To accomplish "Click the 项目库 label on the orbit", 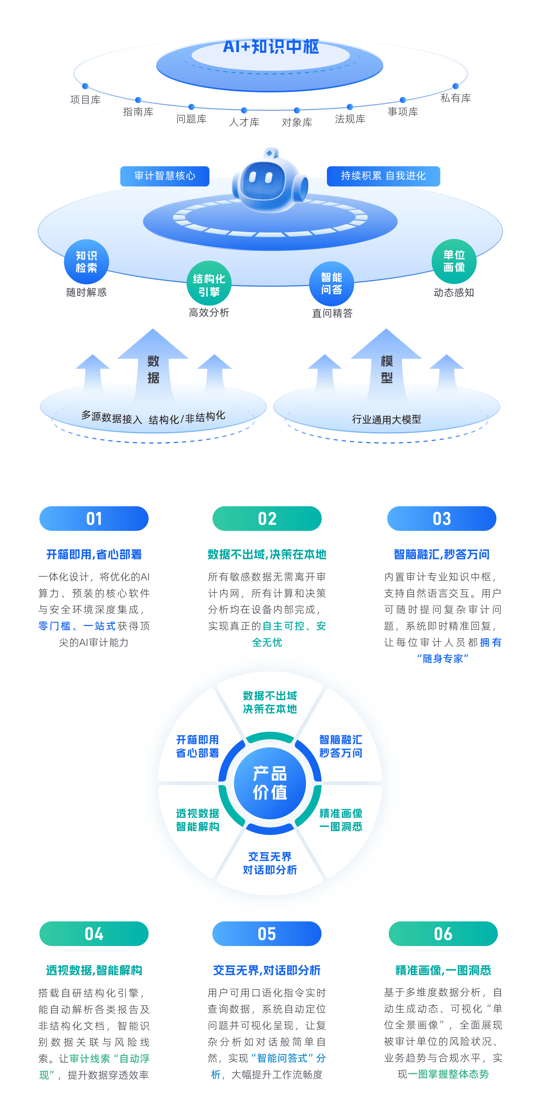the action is pyautogui.click(x=85, y=100).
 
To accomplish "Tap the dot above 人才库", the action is pyautogui.click(x=244, y=110).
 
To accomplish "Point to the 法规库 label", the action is pyautogui.click(x=350, y=119).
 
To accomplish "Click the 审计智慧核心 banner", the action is pyautogui.click(x=165, y=176).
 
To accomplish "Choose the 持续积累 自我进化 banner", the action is pyautogui.click(x=383, y=176).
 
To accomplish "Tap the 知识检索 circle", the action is pyautogui.click(x=86, y=262).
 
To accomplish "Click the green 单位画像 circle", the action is pyautogui.click(x=454, y=261).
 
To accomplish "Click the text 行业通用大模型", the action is pyautogui.click(x=386, y=419).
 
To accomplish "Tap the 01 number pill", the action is pyautogui.click(x=94, y=518).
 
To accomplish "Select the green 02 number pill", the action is pyautogui.click(x=267, y=518).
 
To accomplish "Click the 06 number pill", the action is pyautogui.click(x=443, y=934).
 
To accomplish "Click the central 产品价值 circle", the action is pyautogui.click(x=270, y=783).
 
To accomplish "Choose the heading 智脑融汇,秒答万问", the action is pyautogui.click(x=442, y=554).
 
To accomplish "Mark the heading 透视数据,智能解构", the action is pyautogui.click(x=94, y=970).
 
